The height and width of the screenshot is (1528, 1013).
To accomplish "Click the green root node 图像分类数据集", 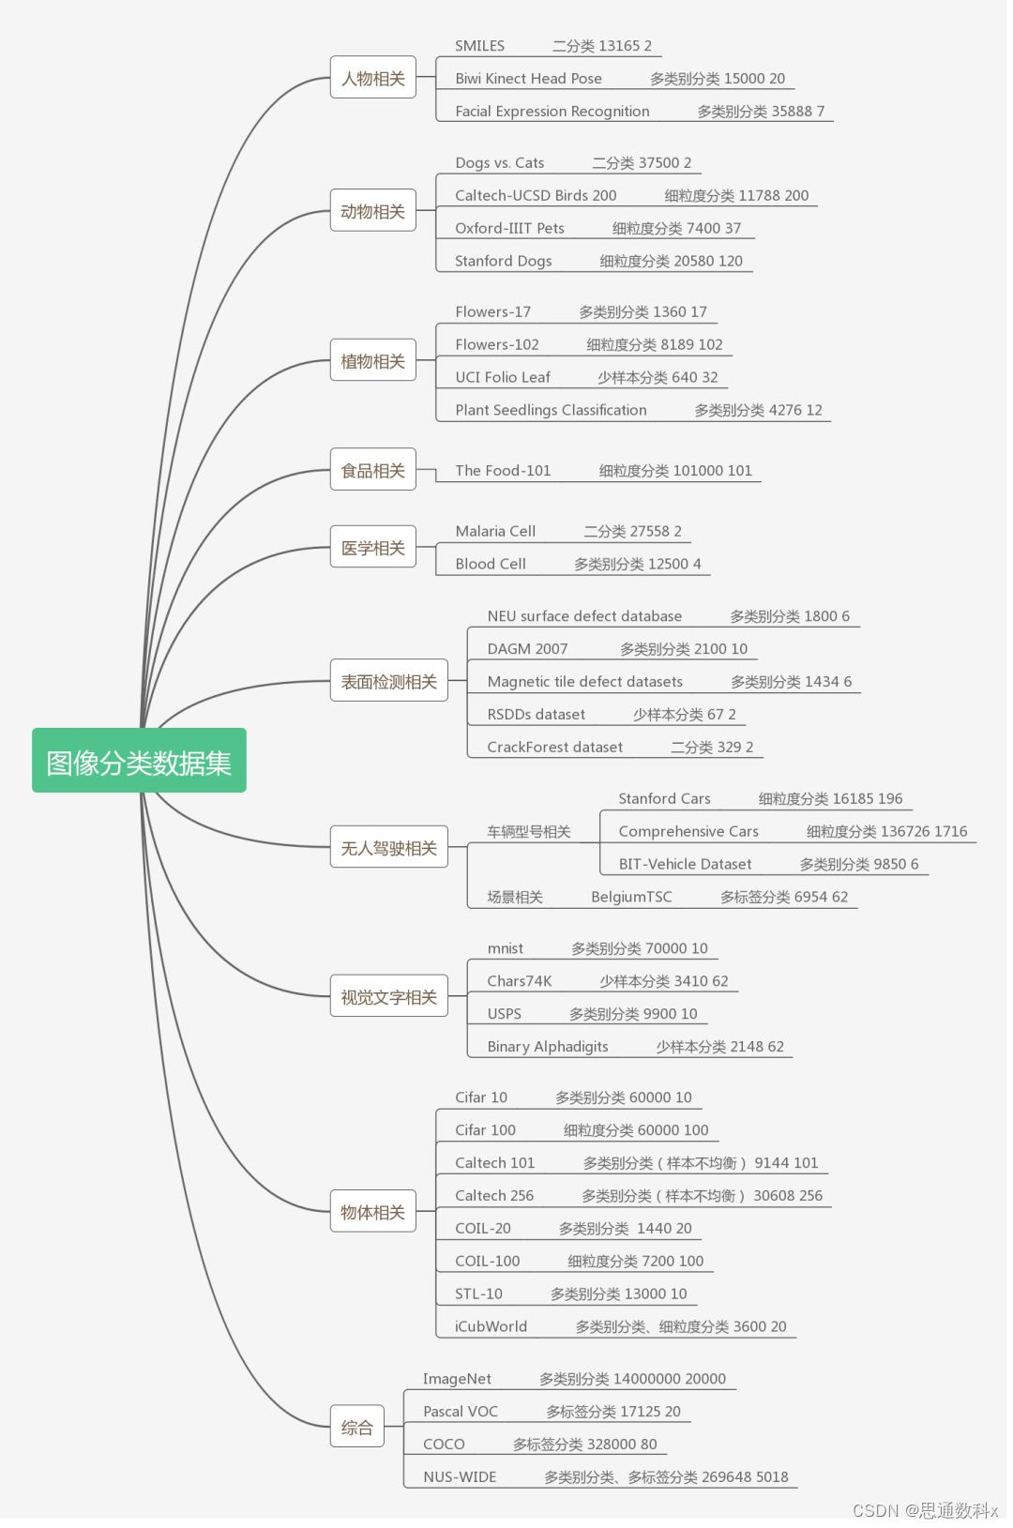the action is (139, 761).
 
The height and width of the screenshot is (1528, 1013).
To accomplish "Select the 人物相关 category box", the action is (372, 78).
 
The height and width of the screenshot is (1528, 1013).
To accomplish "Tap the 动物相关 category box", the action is (372, 211).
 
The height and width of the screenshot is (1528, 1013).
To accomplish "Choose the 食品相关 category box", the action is (372, 470).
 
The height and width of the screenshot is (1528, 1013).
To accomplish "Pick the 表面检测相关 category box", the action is (388, 681).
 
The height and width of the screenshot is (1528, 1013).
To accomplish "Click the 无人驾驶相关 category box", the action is (388, 848).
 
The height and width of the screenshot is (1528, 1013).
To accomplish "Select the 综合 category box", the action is (356, 1428).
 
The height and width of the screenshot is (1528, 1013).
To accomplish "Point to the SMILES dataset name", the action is (479, 46).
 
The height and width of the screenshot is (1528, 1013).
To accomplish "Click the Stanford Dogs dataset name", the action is (503, 261).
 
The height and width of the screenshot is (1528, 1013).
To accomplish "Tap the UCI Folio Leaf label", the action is (502, 377).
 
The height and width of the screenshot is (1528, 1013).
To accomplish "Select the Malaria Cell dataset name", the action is (495, 531).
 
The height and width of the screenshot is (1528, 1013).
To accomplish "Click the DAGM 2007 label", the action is (527, 649).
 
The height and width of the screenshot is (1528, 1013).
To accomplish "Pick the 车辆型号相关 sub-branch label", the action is (528, 832).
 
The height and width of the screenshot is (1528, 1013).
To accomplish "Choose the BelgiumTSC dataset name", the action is (631, 897).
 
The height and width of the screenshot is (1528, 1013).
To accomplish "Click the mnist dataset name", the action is (505, 948).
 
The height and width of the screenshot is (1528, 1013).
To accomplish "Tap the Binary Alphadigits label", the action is (547, 1047).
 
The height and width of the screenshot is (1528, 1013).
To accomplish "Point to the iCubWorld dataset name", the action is (491, 1326).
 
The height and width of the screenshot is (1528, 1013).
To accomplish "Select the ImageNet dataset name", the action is (457, 1379).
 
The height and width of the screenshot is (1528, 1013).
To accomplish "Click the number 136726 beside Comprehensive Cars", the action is (905, 831).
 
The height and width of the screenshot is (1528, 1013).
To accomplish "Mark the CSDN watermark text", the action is (925, 1510).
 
